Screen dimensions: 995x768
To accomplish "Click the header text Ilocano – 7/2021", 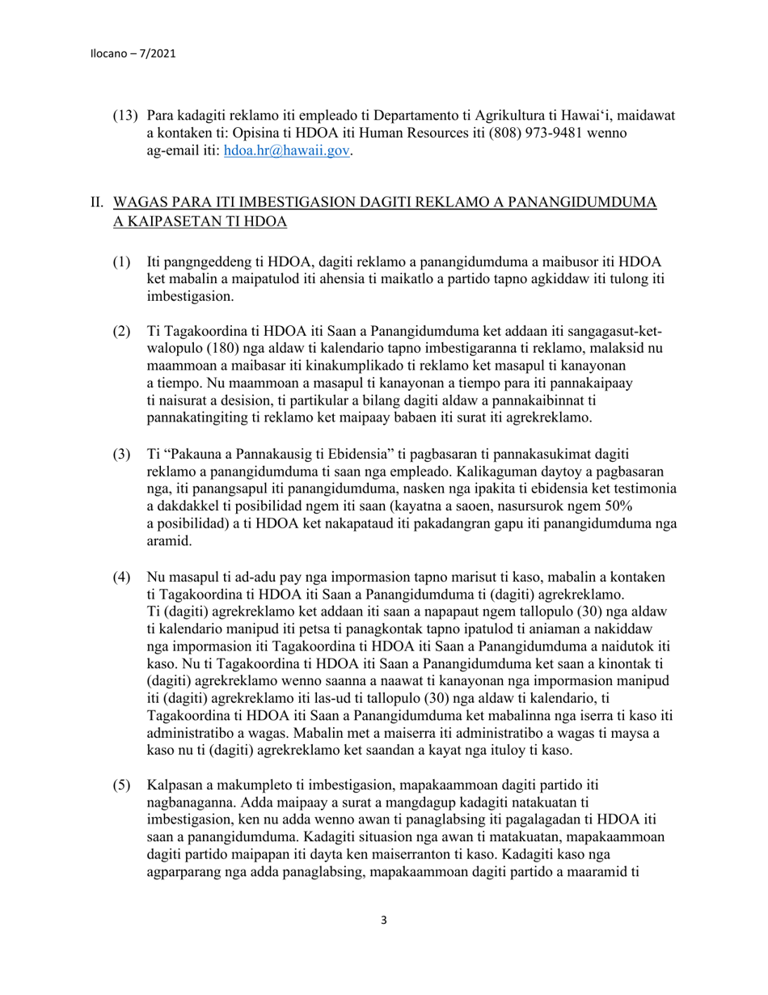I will pyautogui.click(x=133, y=54).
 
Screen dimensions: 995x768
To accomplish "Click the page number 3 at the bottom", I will pyautogui.click(x=383, y=919).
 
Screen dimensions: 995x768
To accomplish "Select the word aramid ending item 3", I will pyautogui.click(x=169, y=542).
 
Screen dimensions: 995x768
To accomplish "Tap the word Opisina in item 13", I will pyautogui.click(x=245, y=133).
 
